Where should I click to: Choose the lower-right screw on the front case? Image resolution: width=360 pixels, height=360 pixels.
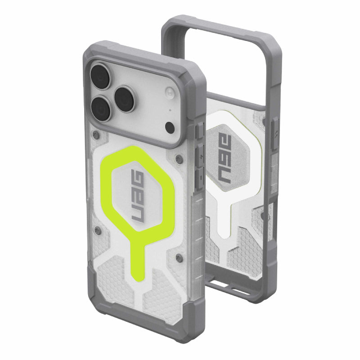pyautogui.click(x=180, y=257)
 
